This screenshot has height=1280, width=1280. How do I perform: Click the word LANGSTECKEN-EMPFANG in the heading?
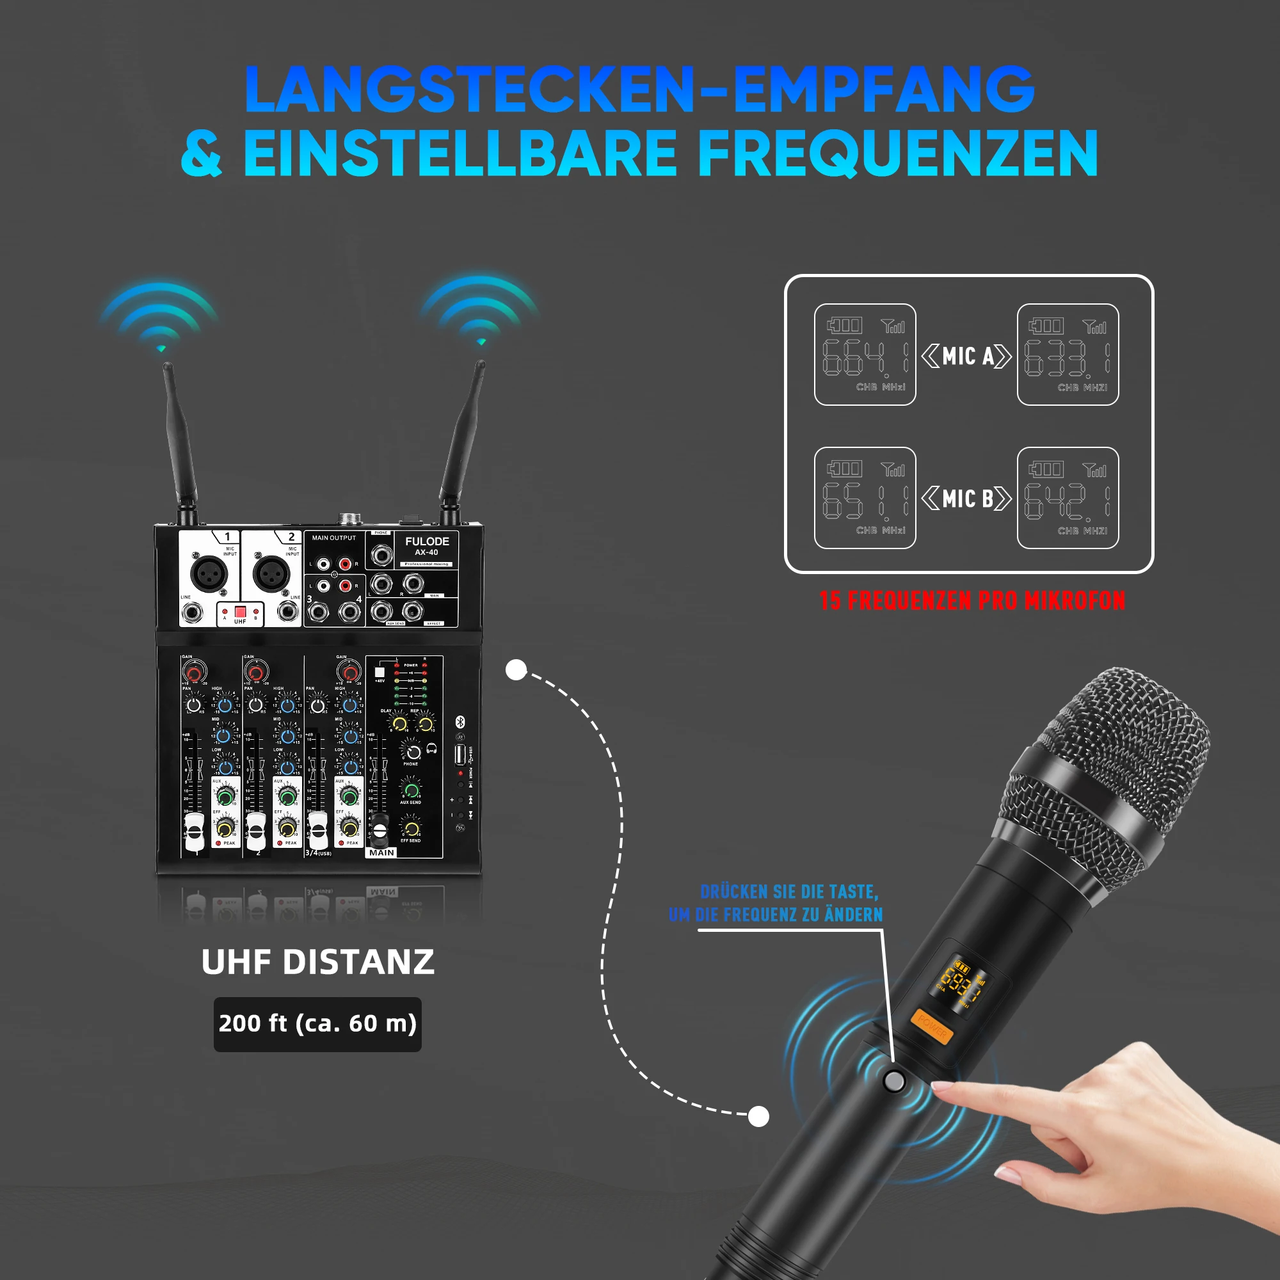(x=639, y=90)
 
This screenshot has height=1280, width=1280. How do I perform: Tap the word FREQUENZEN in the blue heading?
(x=898, y=154)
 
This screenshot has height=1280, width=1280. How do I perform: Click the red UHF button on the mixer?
(x=240, y=611)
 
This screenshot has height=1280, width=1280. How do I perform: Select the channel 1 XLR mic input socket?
(x=209, y=572)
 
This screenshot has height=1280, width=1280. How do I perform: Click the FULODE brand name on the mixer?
(x=427, y=541)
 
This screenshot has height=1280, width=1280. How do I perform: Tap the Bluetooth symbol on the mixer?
(x=460, y=721)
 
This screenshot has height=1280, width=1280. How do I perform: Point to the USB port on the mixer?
(x=460, y=754)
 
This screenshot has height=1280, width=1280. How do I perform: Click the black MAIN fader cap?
(x=380, y=831)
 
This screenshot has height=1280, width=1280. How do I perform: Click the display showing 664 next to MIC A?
(x=865, y=355)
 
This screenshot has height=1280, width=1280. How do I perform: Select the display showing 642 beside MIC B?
(x=1068, y=498)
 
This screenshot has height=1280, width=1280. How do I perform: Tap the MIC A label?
(x=967, y=356)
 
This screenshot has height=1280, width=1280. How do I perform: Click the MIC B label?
(x=967, y=499)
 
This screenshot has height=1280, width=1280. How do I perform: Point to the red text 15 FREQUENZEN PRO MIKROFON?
(x=972, y=600)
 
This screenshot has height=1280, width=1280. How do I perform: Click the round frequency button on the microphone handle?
(x=893, y=1081)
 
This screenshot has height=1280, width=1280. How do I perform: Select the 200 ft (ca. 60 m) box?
(x=317, y=1023)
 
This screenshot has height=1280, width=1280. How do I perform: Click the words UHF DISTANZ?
(x=317, y=962)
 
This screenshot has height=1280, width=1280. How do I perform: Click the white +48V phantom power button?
(x=380, y=673)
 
